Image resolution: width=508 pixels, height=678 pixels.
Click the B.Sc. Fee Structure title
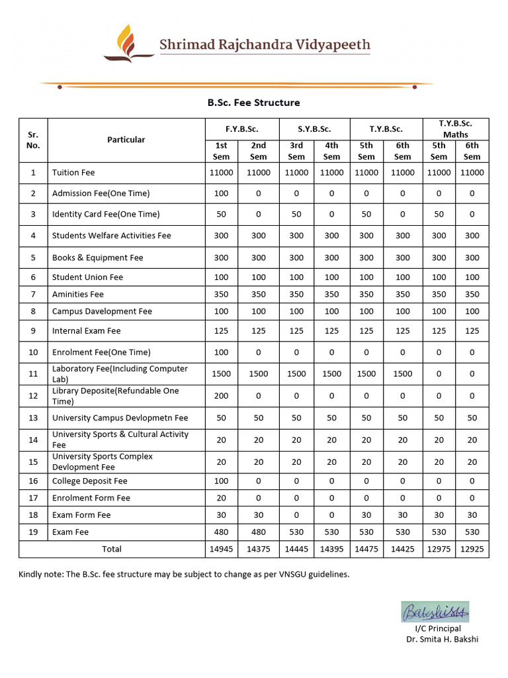pos(253,103)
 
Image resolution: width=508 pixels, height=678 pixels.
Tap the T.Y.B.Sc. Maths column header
pos(455,128)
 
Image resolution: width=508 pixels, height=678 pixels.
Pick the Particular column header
pos(126,140)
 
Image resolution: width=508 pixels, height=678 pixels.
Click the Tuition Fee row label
pos(73,172)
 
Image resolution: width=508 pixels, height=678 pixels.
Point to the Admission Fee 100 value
pos(221,193)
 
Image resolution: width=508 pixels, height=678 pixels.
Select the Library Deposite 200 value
pos(221,396)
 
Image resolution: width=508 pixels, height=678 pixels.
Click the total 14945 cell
pos(221,549)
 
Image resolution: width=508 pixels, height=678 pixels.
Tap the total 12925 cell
pos(472,549)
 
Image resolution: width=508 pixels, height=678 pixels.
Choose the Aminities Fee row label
pos(78,294)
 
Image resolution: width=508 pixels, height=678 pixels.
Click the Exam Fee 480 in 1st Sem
pos(221,532)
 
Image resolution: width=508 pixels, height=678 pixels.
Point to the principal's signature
pos(435,612)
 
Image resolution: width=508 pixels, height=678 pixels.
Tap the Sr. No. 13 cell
pos(33,418)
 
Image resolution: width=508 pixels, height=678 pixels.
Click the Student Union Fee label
pos(87,277)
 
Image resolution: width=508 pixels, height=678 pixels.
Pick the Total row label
pos(112,549)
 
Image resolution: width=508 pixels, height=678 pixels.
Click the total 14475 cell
pos(366,549)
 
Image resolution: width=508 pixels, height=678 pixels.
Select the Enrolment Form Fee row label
pos(91,498)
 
